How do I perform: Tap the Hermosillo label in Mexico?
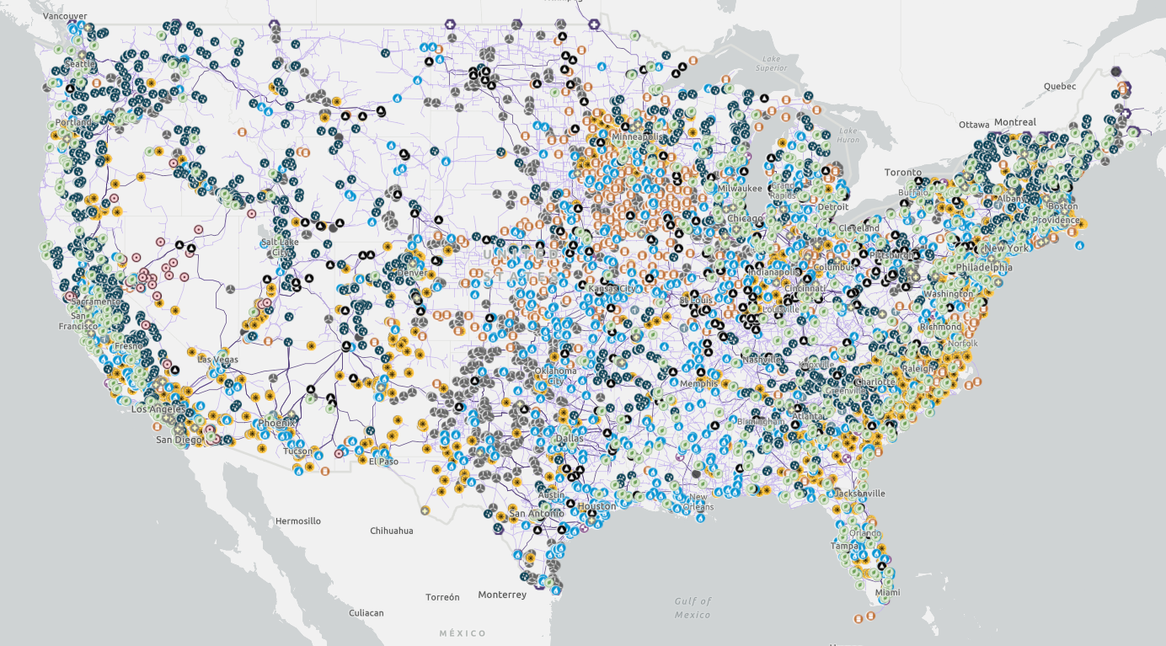click(x=297, y=521)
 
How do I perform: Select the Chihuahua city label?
click(x=392, y=531)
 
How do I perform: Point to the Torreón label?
click(x=442, y=597)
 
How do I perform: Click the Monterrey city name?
click(x=501, y=595)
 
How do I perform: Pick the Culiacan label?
click(x=366, y=613)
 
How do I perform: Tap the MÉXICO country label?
click(x=463, y=633)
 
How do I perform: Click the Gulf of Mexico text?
click(x=693, y=607)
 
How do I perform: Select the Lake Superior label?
click(x=772, y=63)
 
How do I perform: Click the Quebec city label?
click(x=1060, y=86)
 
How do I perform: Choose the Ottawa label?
click(x=975, y=125)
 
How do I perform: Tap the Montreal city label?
click(x=1014, y=122)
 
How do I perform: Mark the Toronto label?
click(x=902, y=172)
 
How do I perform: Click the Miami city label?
click(x=887, y=593)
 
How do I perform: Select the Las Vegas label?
click(x=217, y=360)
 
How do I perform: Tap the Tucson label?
click(x=297, y=451)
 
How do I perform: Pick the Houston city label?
click(x=596, y=506)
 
